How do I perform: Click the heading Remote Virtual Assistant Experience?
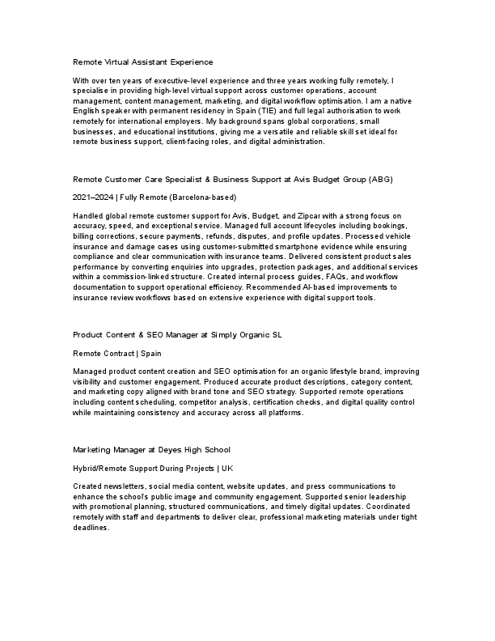pos(142,62)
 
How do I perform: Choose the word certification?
pos(278,401)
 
